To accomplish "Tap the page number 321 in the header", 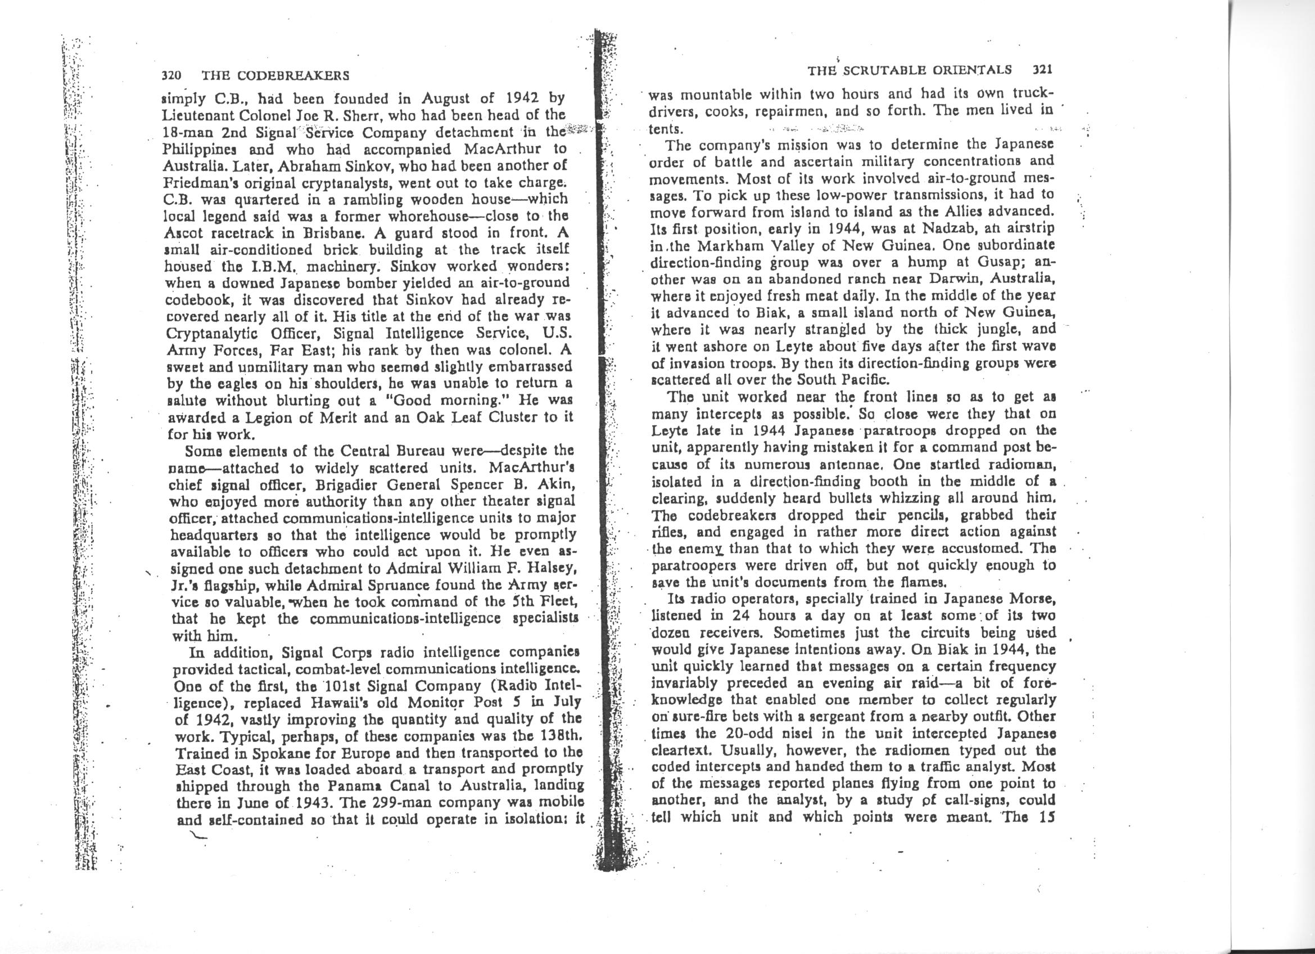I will (1042, 70).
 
